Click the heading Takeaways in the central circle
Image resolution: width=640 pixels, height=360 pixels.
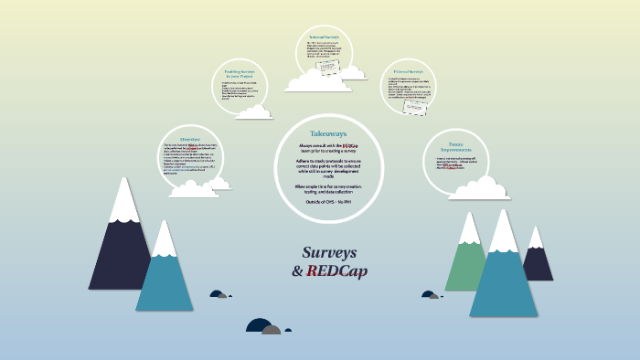pos(326,133)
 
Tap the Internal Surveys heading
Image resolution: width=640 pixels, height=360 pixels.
pos(324,37)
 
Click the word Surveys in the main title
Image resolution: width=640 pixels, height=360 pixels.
pos(330,252)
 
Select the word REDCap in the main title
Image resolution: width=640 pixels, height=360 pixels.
pos(337,271)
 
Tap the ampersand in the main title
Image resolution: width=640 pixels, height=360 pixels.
pos(297,271)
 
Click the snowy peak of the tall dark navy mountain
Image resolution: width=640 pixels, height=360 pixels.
pos(123,199)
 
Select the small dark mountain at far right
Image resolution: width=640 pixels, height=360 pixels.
pos(538,260)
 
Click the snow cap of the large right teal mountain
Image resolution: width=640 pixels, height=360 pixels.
pos(504,232)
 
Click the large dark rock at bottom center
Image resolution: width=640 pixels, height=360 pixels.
pos(259,326)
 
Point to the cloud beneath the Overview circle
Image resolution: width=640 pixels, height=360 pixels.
pos(194,188)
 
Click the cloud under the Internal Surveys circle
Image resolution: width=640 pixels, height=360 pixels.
pos(318,81)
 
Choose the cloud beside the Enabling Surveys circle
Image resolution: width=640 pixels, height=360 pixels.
pos(253,112)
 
